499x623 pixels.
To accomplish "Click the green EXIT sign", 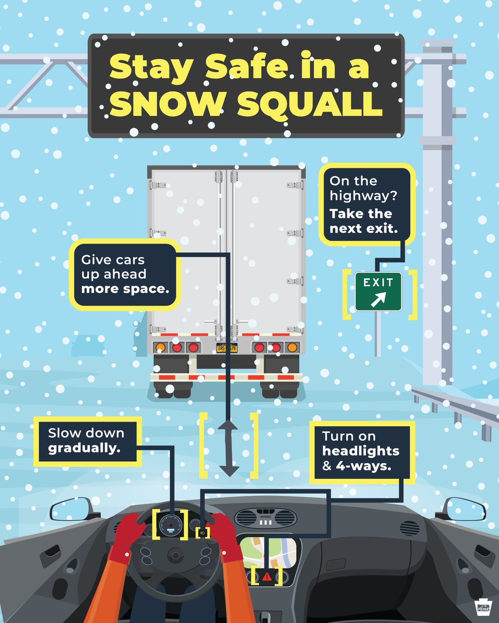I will pos(378,292).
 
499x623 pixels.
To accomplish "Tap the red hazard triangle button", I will pos(267,576).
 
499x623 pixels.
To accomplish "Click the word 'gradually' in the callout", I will pos(84,447).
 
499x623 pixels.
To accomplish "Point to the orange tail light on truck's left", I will pos(160,347).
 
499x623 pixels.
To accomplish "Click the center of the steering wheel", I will pos(174,556).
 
